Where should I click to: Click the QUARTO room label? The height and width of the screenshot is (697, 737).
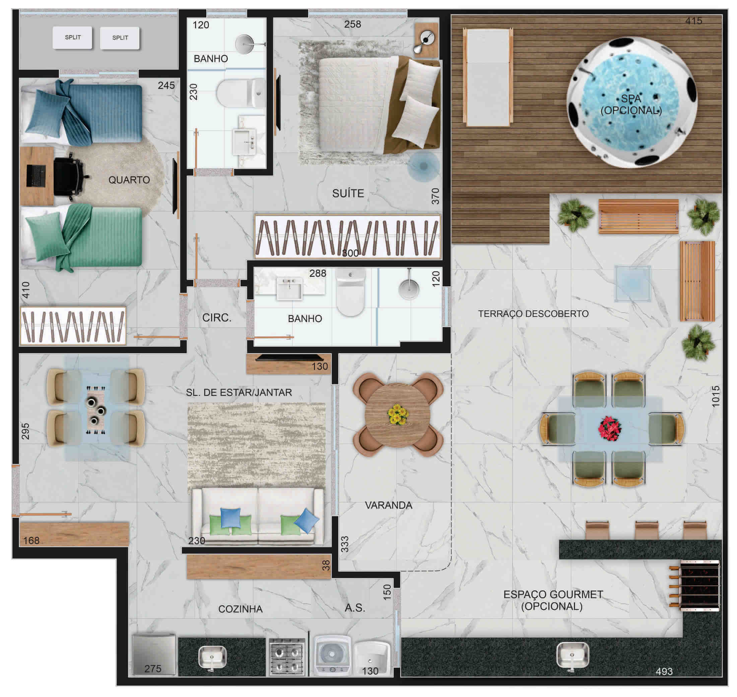click(x=129, y=180)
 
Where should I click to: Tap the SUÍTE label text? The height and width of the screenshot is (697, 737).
click(x=348, y=193)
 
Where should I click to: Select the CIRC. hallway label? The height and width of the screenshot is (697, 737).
click(x=216, y=318)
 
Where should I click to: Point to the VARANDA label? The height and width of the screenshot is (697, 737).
click(x=388, y=505)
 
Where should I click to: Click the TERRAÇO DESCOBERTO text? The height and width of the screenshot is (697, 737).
click(x=533, y=314)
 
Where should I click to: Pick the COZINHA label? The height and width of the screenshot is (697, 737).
click(x=240, y=609)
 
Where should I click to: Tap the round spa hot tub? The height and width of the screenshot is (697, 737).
click(x=631, y=102)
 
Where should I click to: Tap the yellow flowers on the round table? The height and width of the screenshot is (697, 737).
click(x=398, y=414)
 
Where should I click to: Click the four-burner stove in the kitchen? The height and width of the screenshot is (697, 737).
click(x=287, y=656)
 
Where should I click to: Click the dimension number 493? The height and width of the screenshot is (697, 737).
click(x=664, y=671)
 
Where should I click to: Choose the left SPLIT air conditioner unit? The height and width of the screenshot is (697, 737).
click(x=72, y=38)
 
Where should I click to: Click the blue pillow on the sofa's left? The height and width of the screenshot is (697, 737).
click(x=231, y=517)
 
